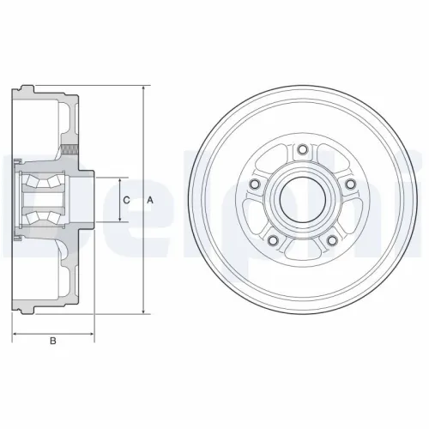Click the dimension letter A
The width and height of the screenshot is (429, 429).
pyautogui.click(x=151, y=200)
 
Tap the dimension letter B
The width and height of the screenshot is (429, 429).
pyautogui.click(x=53, y=342)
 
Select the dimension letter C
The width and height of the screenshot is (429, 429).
pyautogui.click(x=127, y=200)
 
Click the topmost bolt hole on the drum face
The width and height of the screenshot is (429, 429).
pyautogui.click(x=301, y=152)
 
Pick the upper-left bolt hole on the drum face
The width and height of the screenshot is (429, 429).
pyautogui.click(x=253, y=187)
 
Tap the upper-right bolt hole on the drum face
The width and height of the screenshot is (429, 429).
pyautogui.click(x=349, y=187)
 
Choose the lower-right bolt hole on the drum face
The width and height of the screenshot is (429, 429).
pyautogui.click(x=331, y=243)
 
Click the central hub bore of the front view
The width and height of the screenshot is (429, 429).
pyautogui.click(x=301, y=200)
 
